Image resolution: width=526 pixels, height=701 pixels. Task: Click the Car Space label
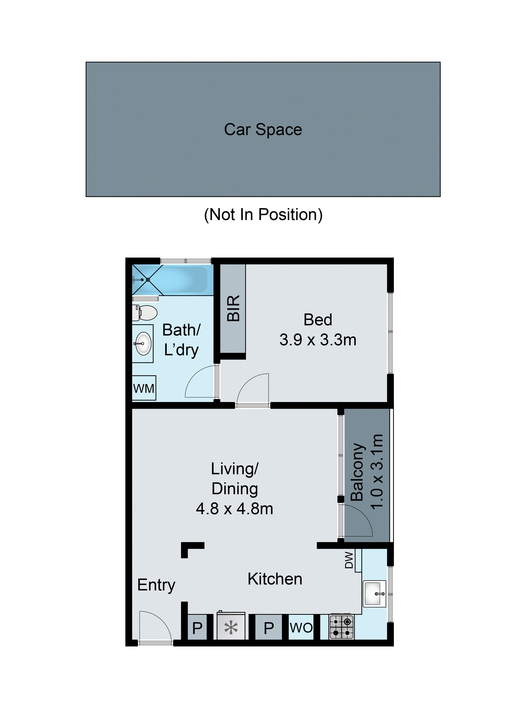(x=263, y=130)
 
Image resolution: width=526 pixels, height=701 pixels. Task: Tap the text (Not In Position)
(x=263, y=215)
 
